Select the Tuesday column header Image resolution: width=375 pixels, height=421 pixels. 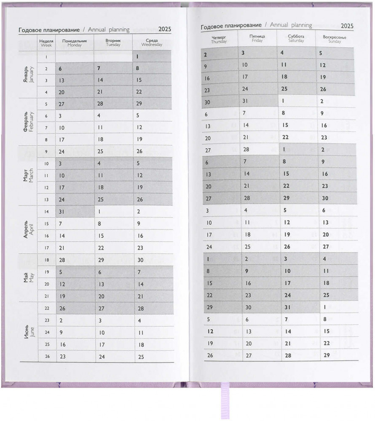pyautogui.click(x=113, y=43)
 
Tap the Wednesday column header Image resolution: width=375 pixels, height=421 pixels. pyautogui.click(x=152, y=43)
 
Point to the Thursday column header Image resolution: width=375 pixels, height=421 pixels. pyautogui.click(x=219, y=40)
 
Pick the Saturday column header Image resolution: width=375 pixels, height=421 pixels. pyautogui.click(x=296, y=39)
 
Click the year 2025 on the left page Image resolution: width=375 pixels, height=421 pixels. pyautogui.click(x=165, y=30)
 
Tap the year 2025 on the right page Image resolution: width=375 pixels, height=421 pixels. pyautogui.click(x=347, y=26)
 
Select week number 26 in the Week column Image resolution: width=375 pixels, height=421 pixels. pyautogui.click(x=47, y=357)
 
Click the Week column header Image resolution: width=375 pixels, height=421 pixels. pyautogui.click(x=46, y=43)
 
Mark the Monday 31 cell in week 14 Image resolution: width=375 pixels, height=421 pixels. pyautogui.click(x=74, y=212)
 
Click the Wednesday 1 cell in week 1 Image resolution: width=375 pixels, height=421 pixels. pyautogui.click(x=152, y=56)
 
